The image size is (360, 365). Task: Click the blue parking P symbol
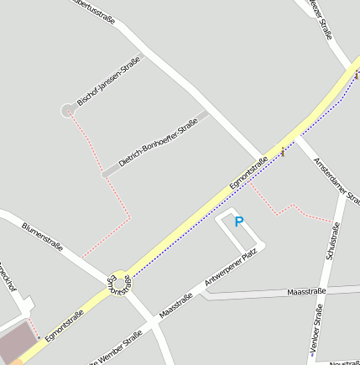(x=238, y=222)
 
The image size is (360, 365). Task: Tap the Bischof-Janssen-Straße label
(x=108, y=81)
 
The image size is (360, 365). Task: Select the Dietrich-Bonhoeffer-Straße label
(x=158, y=143)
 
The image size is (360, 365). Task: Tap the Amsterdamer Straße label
(x=336, y=179)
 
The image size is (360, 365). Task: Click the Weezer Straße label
(x=322, y=18)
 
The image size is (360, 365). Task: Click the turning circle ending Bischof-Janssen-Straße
(x=68, y=110)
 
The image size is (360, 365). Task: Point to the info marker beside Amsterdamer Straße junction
(x=283, y=152)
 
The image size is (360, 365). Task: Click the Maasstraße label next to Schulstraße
(x=305, y=291)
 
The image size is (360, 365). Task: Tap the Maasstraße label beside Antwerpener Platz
(x=176, y=305)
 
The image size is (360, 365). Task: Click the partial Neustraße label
(x=344, y=362)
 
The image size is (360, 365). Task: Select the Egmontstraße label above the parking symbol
(x=248, y=173)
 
